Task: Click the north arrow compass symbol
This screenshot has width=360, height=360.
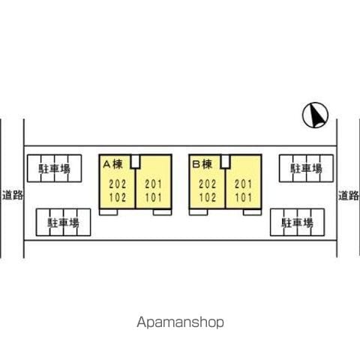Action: pos(315,115)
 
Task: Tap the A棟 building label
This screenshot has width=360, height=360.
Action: pos(113,164)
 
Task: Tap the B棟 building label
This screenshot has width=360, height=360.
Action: pos(202,164)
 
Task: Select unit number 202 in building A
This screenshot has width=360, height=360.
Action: pos(118,184)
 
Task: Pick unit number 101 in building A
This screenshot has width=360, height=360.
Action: pos(154,197)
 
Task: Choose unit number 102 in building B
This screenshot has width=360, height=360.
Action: pos(208,197)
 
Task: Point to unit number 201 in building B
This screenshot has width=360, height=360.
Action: pos(244,184)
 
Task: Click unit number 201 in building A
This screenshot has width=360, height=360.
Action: pos(154,184)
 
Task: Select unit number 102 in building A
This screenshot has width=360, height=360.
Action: pos(118,197)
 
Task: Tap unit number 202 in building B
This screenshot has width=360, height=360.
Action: pos(208,184)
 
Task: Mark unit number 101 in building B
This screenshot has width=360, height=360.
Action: pos(244,197)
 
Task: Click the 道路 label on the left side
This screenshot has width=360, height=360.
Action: pos(13,195)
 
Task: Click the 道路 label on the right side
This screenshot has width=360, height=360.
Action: pos(349,195)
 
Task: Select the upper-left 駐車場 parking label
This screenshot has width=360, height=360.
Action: pos(54,169)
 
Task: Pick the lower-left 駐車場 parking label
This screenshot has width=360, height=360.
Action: pos(63,223)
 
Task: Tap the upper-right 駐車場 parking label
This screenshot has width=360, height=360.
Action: pos(306,169)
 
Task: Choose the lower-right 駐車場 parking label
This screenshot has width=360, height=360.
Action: pos(297,223)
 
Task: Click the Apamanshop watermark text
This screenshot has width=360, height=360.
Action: pos(180,322)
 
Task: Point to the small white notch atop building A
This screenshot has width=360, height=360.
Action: pos(136,161)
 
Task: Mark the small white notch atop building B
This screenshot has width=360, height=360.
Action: pos(225,161)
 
